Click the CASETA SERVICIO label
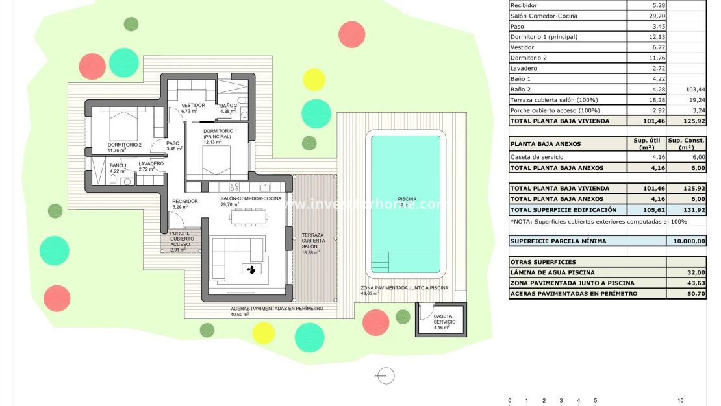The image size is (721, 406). tap(444, 319)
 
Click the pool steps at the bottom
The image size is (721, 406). tap(388, 262)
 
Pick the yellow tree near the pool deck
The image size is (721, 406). tap(314, 79)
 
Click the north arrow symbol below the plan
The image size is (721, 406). tap(385, 375)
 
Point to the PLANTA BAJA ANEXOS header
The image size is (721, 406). tap(546, 144)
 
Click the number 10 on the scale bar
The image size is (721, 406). tap(680, 401)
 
